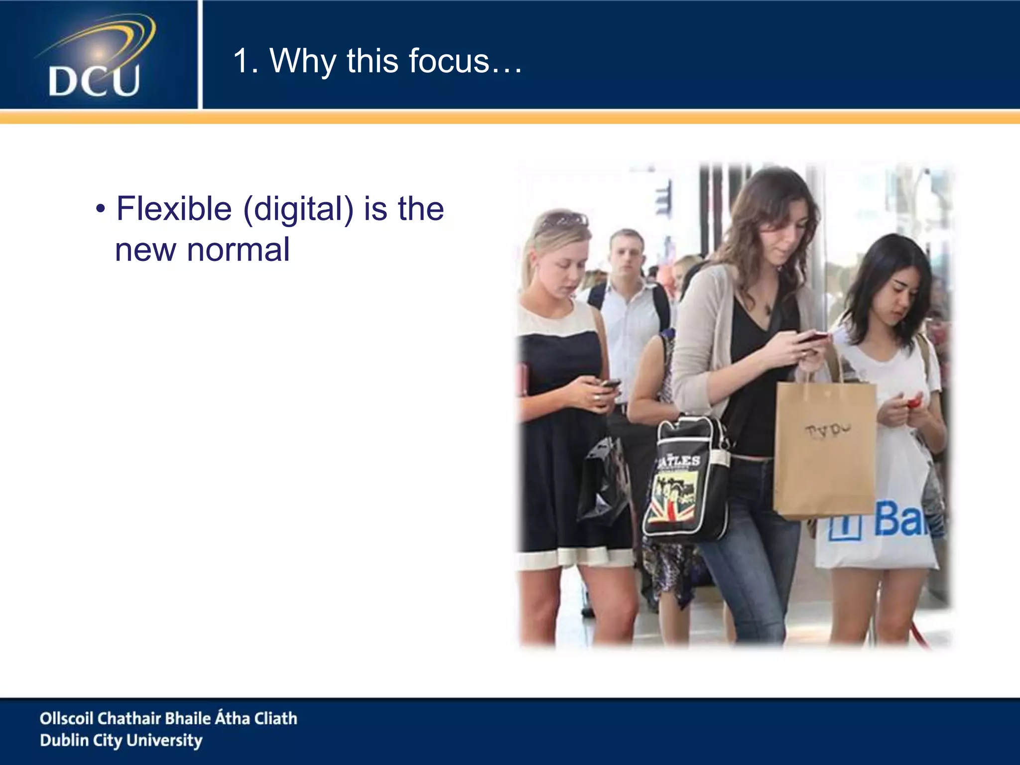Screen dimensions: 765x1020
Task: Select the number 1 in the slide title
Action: tap(242, 61)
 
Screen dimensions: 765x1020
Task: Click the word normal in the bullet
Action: tap(238, 250)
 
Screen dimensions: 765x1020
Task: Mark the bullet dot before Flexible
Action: tap(101, 209)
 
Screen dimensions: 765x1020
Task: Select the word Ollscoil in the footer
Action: tap(66, 718)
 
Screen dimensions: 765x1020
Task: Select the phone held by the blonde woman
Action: tap(611, 383)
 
